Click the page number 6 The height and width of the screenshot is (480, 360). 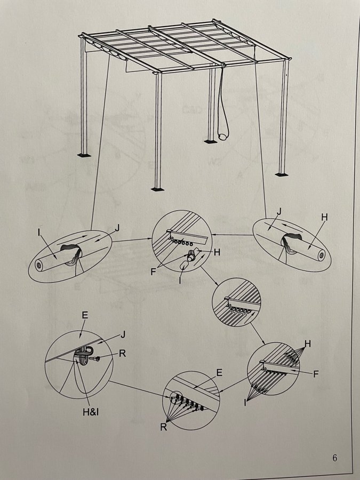[x=334, y=458]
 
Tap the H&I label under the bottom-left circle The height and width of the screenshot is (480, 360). [x=91, y=412]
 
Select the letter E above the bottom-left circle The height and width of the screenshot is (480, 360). [x=85, y=315]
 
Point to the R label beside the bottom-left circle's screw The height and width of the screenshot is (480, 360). [x=122, y=354]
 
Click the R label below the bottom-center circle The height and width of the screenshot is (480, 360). [x=164, y=427]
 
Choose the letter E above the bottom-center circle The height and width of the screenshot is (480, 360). [x=219, y=373]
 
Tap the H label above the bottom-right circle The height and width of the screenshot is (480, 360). [x=308, y=344]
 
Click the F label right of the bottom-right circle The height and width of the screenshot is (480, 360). [x=316, y=374]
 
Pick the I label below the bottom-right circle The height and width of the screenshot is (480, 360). [x=245, y=403]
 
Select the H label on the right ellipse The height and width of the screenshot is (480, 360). [x=324, y=217]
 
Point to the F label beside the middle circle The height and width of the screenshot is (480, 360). [x=154, y=271]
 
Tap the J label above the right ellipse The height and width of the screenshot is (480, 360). [x=278, y=212]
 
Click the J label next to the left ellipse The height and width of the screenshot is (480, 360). [x=117, y=228]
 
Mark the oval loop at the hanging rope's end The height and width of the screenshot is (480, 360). [x=222, y=135]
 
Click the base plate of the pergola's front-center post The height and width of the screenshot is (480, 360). [x=157, y=189]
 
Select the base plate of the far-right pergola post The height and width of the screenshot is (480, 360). [x=281, y=174]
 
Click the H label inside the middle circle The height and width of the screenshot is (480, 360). [x=217, y=252]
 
